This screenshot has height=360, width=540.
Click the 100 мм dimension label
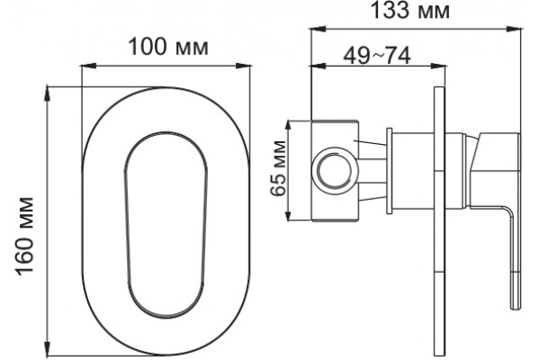(x=168, y=47)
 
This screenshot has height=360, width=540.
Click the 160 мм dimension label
(x=25, y=237)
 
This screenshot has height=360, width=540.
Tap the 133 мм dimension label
(x=409, y=10)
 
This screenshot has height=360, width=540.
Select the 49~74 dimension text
(x=377, y=56)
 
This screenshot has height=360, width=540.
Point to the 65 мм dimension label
(x=278, y=168)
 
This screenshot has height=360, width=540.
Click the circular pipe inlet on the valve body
(x=335, y=170)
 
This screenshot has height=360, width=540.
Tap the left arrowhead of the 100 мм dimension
(x=88, y=66)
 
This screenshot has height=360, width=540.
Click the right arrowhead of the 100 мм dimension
(x=243, y=66)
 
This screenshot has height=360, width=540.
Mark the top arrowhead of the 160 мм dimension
(x=48, y=94)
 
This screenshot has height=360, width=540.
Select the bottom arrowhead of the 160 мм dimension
(x=48, y=348)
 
